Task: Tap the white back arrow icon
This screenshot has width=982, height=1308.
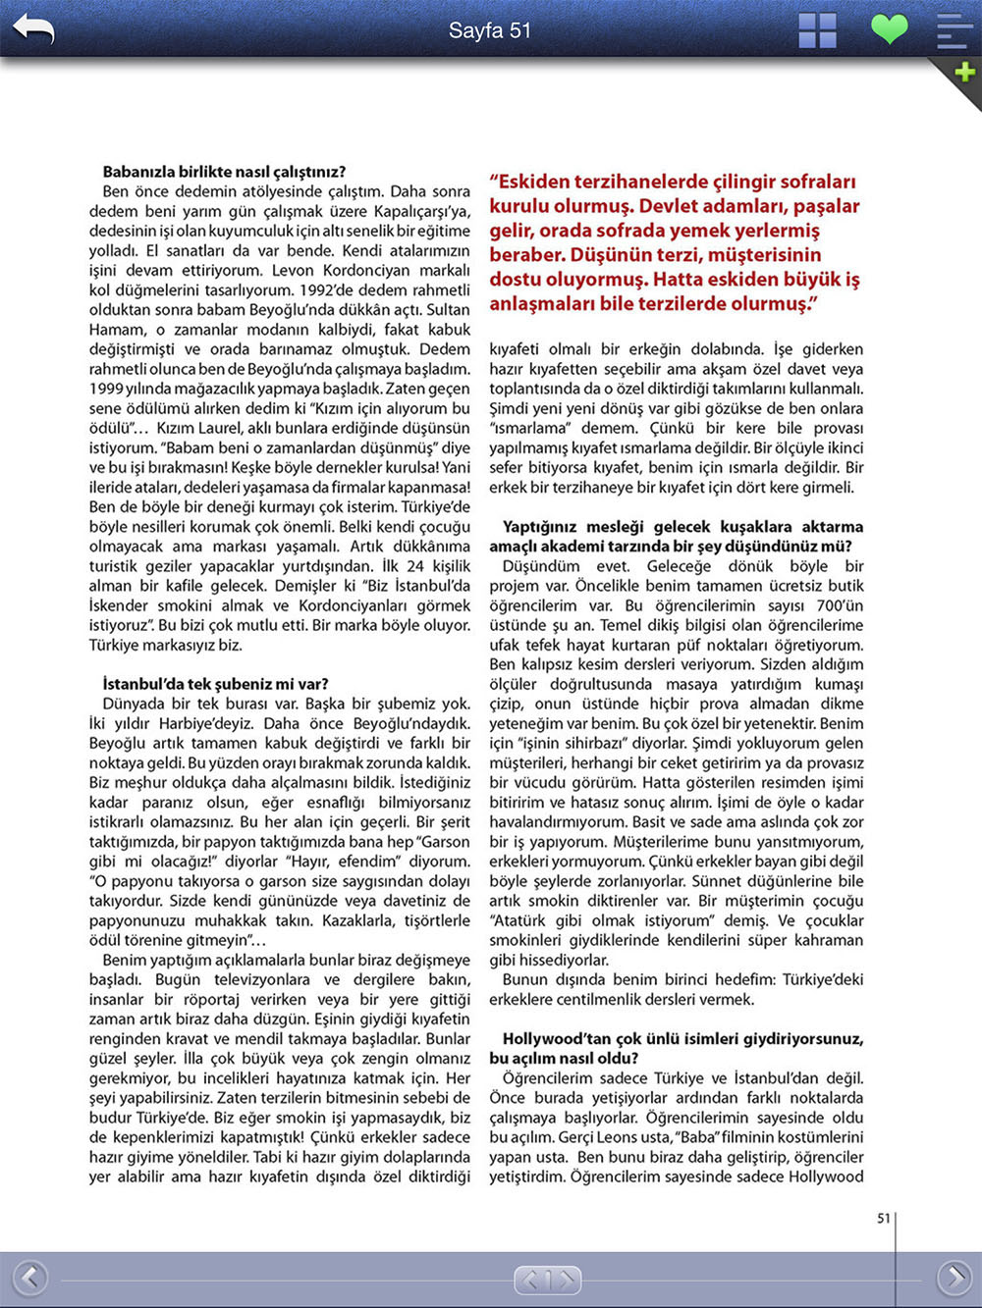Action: pos(32,29)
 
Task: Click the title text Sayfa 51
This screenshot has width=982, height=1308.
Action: pos(489,30)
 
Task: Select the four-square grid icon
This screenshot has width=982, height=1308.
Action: pos(817,30)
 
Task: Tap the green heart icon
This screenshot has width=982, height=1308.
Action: pos(889,28)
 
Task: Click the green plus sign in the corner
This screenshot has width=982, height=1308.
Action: pos(964,72)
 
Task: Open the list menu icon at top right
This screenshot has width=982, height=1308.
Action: pos(954,30)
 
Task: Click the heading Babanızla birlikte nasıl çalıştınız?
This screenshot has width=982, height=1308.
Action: pos(224,172)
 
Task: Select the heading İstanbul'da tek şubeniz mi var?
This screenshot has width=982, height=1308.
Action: pos(215,684)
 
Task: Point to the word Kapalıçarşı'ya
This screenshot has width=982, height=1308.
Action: pos(422,211)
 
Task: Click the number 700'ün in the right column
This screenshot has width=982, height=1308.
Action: pos(840,605)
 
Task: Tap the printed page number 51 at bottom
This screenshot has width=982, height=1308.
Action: pos(883,1218)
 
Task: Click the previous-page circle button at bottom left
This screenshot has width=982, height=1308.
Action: pos(29,1278)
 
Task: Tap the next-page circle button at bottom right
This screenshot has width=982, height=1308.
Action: pos(954,1278)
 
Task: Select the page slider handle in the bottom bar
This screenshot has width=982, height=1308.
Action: pos(547,1280)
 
